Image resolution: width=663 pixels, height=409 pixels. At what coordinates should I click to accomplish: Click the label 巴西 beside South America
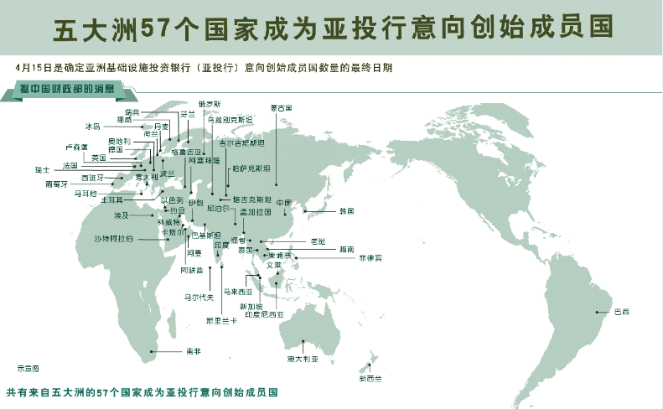pyautogui.click(x=621, y=312)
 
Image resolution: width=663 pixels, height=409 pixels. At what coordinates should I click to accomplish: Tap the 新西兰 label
pyautogui.click(x=369, y=379)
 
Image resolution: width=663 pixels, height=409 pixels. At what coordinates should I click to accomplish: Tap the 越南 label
pyautogui.click(x=346, y=249)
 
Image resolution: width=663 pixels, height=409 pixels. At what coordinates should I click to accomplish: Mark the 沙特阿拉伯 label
pyautogui.click(x=113, y=239)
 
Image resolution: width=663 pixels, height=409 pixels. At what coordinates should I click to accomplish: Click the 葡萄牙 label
pyautogui.click(x=57, y=184)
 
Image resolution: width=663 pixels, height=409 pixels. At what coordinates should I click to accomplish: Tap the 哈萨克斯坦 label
pyautogui.click(x=251, y=168)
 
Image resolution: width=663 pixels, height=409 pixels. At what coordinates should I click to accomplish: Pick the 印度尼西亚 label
pyautogui.click(x=264, y=313)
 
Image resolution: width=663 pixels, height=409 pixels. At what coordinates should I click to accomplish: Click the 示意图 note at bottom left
pyautogui.click(x=28, y=367)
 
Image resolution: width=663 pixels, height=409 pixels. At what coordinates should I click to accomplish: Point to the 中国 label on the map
pyautogui.click(x=283, y=202)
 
